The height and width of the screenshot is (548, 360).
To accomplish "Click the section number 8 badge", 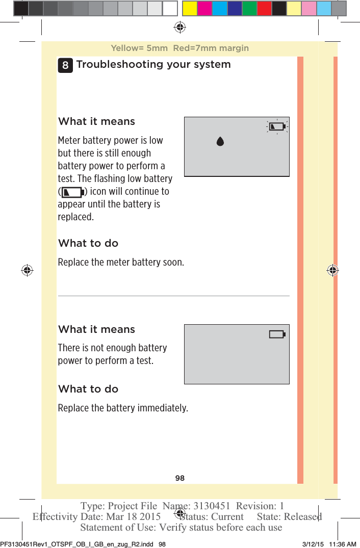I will [x=66, y=65].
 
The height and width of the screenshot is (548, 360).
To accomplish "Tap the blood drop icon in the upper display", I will [x=220, y=141].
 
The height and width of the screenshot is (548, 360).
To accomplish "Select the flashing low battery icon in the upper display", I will [x=277, y=126].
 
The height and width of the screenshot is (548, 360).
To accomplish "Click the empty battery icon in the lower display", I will [x=277, y=334].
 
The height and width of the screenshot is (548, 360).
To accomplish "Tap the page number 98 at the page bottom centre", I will [x=180, y=478].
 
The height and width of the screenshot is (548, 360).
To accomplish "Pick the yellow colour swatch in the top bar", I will [x=190, y=8].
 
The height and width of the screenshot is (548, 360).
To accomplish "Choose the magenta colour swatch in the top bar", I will [x=205, y=8].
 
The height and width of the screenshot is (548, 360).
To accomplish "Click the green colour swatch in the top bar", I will [x=249, y=8].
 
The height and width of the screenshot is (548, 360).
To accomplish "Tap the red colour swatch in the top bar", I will [x=264, y=8].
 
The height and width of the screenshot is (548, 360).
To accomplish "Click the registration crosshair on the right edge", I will [x=332, y=270].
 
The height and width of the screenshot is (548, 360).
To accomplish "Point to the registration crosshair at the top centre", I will [x=179, y=27].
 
